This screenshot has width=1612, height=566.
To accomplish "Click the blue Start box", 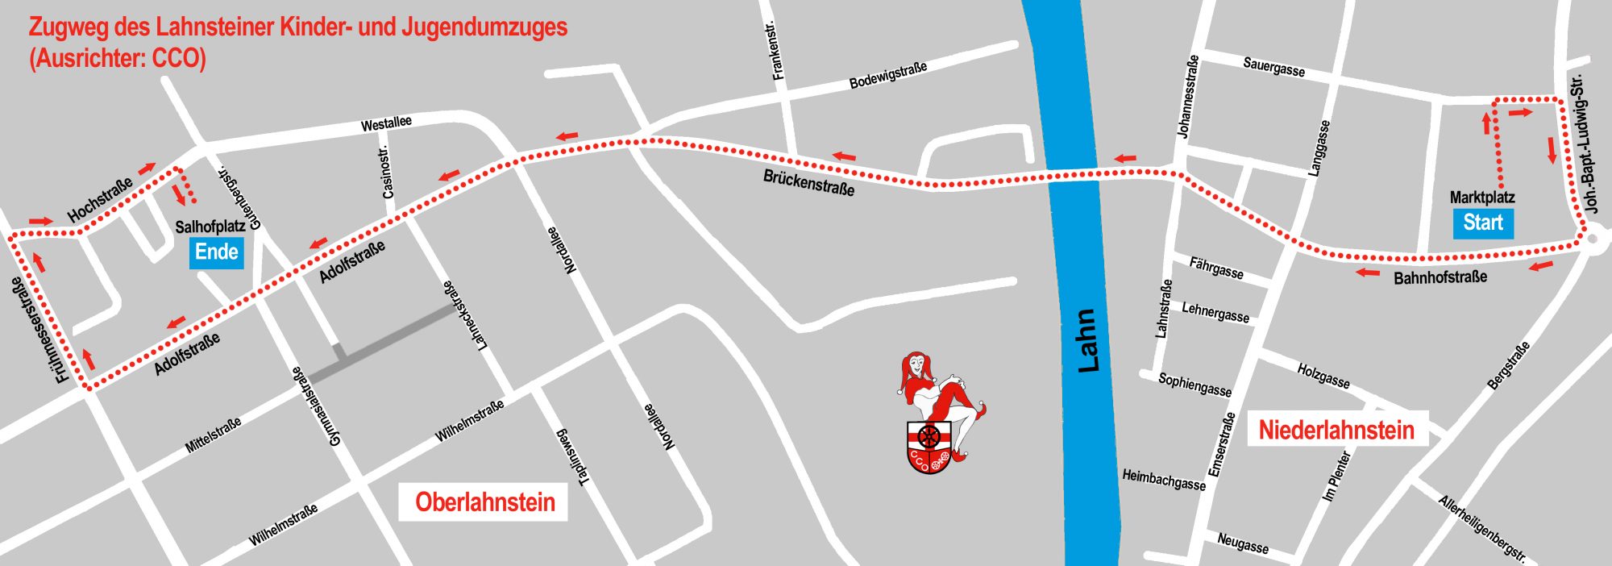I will pos(1482,223).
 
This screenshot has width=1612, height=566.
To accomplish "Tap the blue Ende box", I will pos(216,252).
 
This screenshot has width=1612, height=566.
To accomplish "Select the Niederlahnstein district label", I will pos(1336,430).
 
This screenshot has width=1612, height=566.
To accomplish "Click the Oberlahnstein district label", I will pos(484,502).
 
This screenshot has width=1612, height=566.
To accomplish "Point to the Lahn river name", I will pos(1088,339).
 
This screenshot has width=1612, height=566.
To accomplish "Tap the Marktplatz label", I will pos(1481,198).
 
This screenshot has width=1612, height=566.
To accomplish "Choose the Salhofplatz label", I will pos(210,227).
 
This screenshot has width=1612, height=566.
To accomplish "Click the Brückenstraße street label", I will pos(808,183).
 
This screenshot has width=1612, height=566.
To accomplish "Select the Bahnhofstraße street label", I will pos(1440,277).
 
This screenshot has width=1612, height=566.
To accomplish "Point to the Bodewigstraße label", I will pos(888,75).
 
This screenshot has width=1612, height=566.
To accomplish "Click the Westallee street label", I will pos(386,123).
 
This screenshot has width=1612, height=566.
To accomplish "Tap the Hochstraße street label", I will pos(100,200).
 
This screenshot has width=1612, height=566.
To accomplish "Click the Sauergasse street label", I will pos(1273,67).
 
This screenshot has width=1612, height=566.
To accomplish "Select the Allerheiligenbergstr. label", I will pos(1481,528).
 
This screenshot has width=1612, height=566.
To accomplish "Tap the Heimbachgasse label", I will pos(1164,480).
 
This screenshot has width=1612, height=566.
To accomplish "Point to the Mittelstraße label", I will pos(213,435).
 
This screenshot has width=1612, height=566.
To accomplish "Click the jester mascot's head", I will pos(916,364).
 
